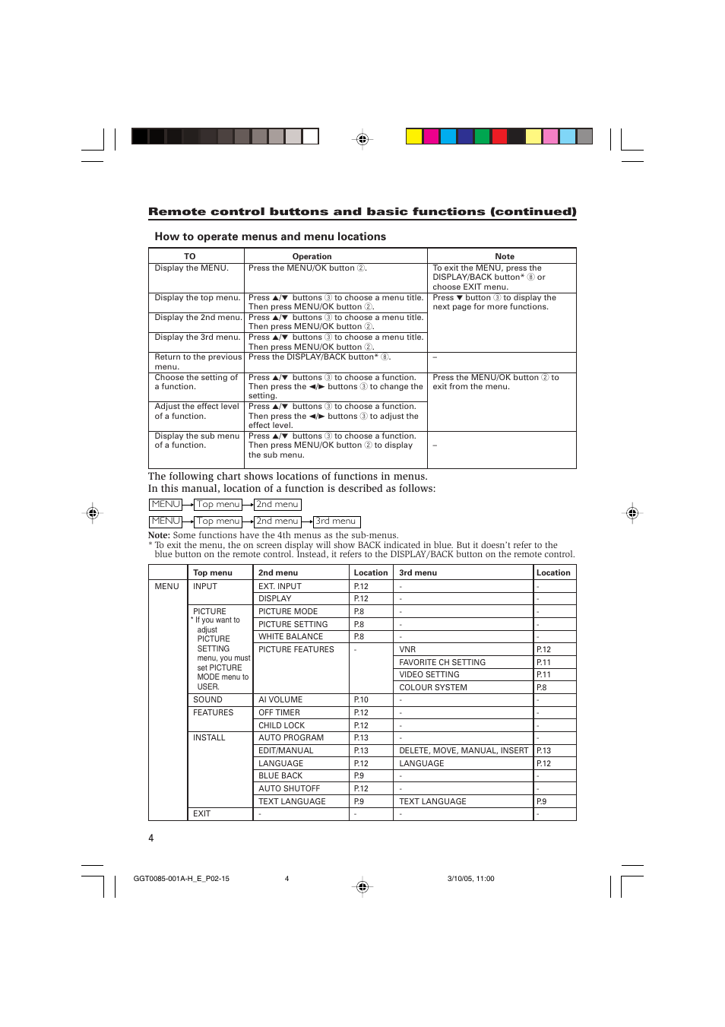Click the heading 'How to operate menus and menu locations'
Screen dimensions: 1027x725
pos(270,236)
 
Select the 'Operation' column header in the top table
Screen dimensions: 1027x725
pos(312,256)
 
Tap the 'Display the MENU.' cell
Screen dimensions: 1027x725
pos(192,268)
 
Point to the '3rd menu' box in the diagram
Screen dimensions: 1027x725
pos(337,521)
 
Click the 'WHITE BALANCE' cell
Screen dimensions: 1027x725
pos(290,637)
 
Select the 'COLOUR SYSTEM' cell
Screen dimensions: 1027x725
pos(433,688)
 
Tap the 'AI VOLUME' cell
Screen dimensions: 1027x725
pos(280,700)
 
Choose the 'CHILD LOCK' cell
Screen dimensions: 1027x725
pos(281,726)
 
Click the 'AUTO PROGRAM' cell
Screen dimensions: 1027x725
pos(291,738)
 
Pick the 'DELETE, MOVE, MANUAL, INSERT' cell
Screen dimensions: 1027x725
pos(463,751)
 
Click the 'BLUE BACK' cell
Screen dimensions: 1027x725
pos(280,776)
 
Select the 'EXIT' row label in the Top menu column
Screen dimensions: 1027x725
pos(201,814)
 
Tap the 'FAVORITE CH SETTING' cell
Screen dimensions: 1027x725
pos(442,663)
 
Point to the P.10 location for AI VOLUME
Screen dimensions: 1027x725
pos(361,700)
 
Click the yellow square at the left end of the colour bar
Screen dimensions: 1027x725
pos(413,137)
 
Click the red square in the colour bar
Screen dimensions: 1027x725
pos(499,137)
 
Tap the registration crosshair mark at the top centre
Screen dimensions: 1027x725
pos(362,139)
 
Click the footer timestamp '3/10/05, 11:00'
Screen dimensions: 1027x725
pos(470,879)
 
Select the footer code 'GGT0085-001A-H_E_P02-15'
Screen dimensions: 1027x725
pos(181,879)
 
